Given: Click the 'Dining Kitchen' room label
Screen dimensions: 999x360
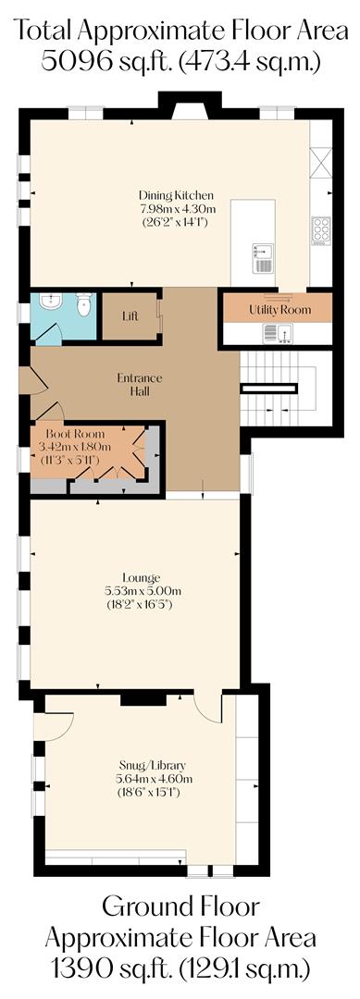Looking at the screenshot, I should (176, 195).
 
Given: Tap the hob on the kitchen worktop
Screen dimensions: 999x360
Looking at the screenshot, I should (320, 228).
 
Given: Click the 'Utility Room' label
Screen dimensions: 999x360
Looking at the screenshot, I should (279, 309).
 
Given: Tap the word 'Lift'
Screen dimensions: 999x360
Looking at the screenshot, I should (130, 316).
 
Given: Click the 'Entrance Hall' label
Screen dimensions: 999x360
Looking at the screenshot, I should (139, 385).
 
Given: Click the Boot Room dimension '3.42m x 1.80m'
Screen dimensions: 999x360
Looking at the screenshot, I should (79, 446).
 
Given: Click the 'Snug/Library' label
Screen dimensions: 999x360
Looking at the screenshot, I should (154, 765).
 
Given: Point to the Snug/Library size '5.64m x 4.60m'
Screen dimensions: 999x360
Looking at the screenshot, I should (154, 778).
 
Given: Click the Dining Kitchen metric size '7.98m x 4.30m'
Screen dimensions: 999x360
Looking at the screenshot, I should (176, 209).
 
